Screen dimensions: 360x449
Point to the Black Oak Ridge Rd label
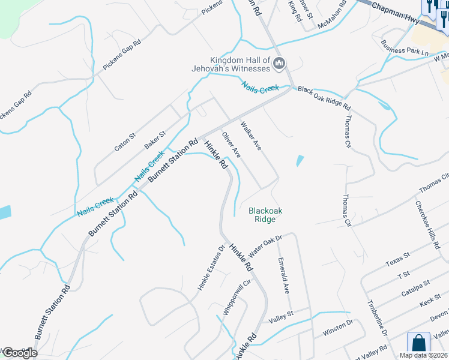[324, 97]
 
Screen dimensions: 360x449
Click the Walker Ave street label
[252, 136]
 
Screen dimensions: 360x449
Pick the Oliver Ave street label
[232, 145]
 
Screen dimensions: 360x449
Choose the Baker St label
[154, 141]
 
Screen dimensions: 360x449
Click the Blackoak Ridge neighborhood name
[265, 215]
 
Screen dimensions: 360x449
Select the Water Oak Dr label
[265, 243]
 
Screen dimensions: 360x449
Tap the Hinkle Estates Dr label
[211, 268]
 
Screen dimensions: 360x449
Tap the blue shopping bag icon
[418, 344]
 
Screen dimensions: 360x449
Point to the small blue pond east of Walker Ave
[300, 161]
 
